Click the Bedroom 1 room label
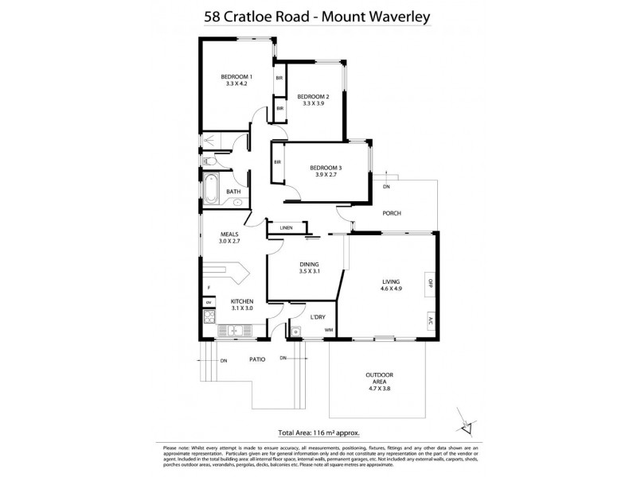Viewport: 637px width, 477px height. (x=237, y=76)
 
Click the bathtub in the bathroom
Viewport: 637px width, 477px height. (x=211, y=188)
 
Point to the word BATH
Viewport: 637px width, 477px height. (x=233, y=192)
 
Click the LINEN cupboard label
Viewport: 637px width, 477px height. (x=286, y=228)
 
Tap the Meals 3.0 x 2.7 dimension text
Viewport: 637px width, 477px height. (x=229, y=242)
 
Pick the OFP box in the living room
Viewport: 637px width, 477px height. (x=430, y=283)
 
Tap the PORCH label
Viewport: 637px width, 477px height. (x=391, y=213)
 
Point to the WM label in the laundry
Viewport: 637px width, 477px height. (x=328, y=328)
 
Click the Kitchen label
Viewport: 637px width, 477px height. (x=241, y=301)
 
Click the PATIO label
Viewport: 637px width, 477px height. (x=256, y=359)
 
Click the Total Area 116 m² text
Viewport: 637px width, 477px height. (x=318, y=433)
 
